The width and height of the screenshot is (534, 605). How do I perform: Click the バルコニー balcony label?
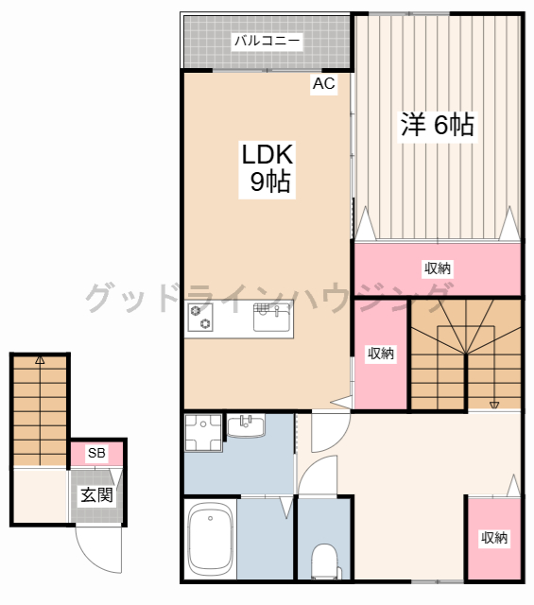(267, 41)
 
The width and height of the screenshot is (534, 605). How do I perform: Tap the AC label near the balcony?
(324, 84)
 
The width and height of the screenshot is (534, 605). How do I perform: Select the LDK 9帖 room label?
(268, 168)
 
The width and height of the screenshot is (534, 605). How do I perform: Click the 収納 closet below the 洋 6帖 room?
(438, 268)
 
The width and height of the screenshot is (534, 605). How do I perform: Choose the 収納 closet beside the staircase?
(380, 354)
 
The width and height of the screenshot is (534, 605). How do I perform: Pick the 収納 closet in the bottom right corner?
(493, 538)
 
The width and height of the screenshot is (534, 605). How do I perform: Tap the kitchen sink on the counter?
(272, 318)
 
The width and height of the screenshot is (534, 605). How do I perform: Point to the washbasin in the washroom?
(248, 427)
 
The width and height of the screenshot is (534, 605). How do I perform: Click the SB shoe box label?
(96, 453)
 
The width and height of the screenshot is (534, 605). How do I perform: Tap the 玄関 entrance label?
(96, 494)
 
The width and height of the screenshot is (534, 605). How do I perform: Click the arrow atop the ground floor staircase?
(40, 360)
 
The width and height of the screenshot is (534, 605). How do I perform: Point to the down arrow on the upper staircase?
(493, 404)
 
